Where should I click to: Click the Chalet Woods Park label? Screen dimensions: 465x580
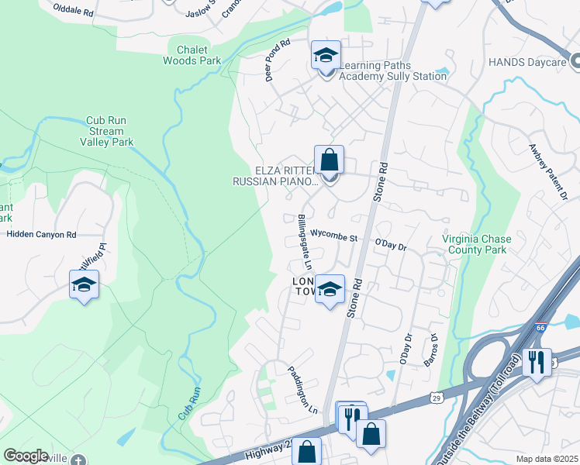tap(192, 54)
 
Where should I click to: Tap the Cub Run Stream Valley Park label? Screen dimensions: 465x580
tap(106, 131)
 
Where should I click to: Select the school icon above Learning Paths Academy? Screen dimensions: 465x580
tap(326, 55)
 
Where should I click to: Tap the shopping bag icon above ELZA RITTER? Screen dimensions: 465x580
tap(329, 160)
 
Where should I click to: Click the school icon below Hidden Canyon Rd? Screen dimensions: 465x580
tap(84, 285)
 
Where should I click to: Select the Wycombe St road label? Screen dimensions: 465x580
tap(333, 234)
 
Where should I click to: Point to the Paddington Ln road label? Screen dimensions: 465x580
tap(303, 389)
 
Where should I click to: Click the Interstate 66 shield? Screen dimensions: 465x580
tap(540, 329)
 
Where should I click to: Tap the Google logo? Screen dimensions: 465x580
tap(26, 456)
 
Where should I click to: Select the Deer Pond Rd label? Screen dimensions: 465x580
tap(277, 61)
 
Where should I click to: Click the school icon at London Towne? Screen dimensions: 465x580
tap(330, 290)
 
